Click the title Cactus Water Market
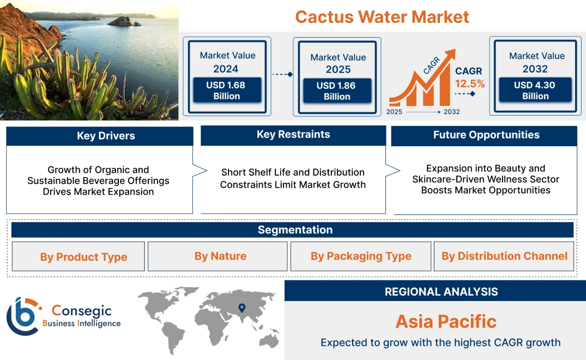click(x=382, y=16)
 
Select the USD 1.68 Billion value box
click(x=226, y=91)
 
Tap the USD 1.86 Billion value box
click(x=337, y=91)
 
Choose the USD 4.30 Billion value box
click(x=535, y=91)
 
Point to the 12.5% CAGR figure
click(x=470, y=84)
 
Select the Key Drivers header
click(x=99, y=136)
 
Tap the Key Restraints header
click(x=293, y=135)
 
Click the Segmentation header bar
click(x=293, y=230)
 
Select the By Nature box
click(x=220, y=256)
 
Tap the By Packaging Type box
click(x=361, y=256)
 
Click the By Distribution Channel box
click(x=504, y=256)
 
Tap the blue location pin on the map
click(x=242, y=309)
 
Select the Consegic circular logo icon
click(x=23, y=316)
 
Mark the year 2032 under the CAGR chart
click(x=451, y=112)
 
